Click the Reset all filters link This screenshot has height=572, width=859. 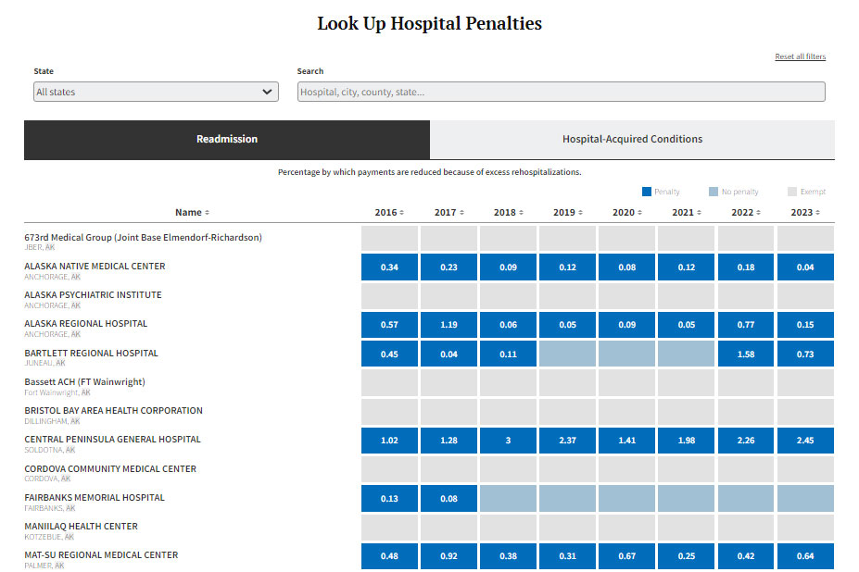(800, 57)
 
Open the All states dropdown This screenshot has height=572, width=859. (156, 92)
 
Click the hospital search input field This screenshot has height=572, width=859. (561, 92)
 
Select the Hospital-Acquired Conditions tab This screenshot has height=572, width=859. (632, 140)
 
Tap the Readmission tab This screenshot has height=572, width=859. (227, 140)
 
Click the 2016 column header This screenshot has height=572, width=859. (389, 212)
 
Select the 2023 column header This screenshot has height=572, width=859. (805, 212)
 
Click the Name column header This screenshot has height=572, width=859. (192, 212)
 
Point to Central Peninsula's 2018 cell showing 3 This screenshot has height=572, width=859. (508, 441)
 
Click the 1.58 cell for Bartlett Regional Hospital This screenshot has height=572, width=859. (746, 354)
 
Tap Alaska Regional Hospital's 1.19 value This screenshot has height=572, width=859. (448, 325)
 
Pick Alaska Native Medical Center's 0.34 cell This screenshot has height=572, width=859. (389, 267)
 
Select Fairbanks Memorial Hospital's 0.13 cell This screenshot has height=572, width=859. (389, 498)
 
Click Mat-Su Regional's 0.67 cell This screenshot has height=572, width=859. (626, 556)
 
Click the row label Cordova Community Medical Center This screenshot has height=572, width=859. (110, 469)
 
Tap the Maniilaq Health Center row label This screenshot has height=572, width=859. (81, 527)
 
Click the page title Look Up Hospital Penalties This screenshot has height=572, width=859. (429, 24)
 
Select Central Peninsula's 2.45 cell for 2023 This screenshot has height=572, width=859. (805, 441)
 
